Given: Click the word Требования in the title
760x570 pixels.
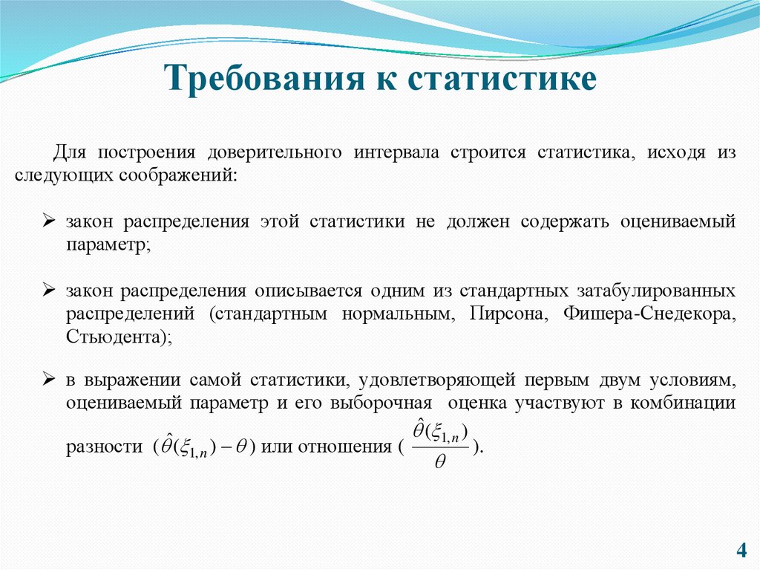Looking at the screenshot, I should (x=256, y=78).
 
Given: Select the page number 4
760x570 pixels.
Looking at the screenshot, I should (x=741, y=551).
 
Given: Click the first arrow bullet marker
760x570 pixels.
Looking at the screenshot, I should (x=48, y=221).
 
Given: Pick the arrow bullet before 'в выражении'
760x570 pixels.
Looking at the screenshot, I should (x=48, y=380).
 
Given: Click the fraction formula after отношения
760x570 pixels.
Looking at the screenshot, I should (x=441, y=445).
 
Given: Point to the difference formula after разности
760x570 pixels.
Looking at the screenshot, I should (x=203, y=447).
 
